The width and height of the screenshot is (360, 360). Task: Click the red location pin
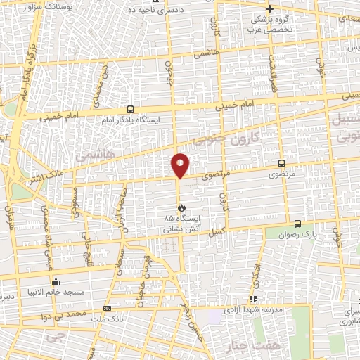pyautogui.click(x=180, y=165)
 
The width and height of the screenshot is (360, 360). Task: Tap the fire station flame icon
pyautogui.click(x=181, y=208)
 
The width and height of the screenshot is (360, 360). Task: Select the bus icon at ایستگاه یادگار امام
pyautogui.click(x=130, y=109)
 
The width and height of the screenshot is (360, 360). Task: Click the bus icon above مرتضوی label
pyautogui.click(x=282, y=162)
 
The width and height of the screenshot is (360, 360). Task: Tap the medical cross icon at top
pyautogui.click(x=269, y=9)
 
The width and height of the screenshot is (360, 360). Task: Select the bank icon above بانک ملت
pyautogui.click(x=107, y=308)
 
